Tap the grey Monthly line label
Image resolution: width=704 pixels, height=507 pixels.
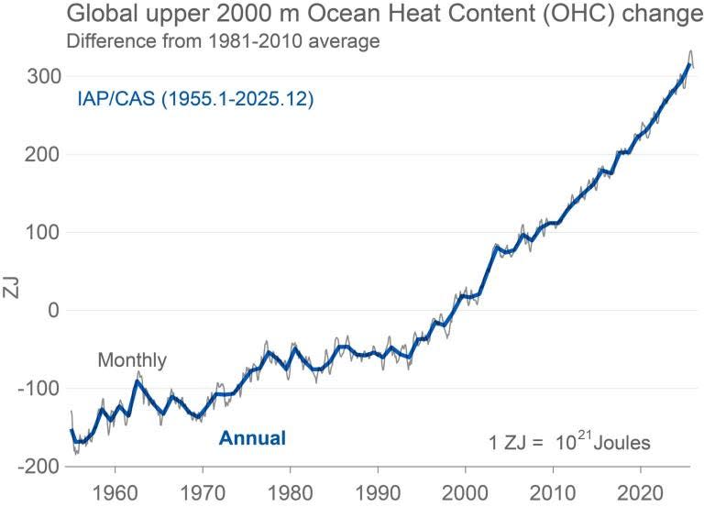[x=132, y=360]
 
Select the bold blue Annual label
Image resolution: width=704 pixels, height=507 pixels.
[x=252, y=438]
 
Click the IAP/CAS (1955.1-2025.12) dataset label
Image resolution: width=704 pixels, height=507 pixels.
[x=195, y=99]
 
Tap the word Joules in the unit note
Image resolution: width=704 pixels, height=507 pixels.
[x=622, y=444]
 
